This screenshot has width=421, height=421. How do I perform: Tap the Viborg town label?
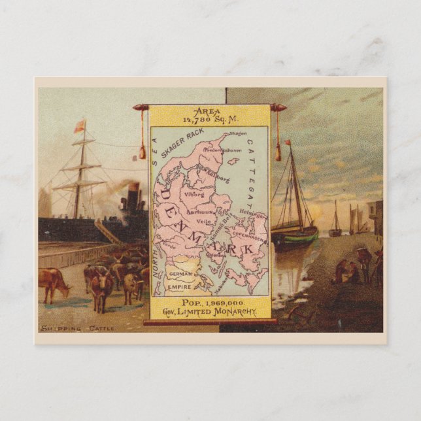194,194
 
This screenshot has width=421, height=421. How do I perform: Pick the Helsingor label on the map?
254,214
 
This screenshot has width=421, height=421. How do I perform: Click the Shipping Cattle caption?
77,328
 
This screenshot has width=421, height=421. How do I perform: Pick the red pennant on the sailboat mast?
286,142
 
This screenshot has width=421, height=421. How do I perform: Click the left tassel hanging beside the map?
142,152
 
